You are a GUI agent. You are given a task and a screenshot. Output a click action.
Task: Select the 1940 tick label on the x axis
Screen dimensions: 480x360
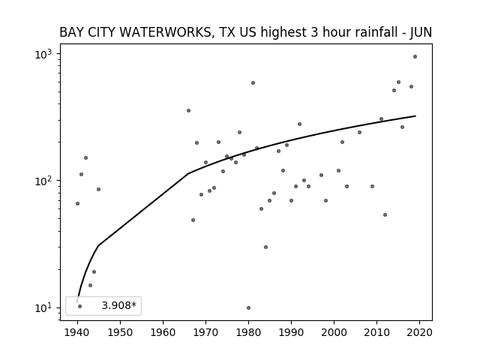(x=77, y=332)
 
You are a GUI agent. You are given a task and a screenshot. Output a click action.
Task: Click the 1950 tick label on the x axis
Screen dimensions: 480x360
(x=120, y=332)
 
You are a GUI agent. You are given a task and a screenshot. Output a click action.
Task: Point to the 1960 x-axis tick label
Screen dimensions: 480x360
(x=163, y=332)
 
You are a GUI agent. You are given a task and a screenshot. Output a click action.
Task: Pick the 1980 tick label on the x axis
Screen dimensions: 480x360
(x=248, y=332)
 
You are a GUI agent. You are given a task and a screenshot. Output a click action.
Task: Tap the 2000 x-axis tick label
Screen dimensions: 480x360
(x=334, y=332)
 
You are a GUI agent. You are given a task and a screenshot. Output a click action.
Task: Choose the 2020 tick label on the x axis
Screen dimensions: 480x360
(x=419, y=332)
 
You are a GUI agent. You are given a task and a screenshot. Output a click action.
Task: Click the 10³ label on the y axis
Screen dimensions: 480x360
(x=43, y=54)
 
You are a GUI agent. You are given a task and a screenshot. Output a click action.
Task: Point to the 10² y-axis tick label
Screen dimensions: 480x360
(x=43, y=181)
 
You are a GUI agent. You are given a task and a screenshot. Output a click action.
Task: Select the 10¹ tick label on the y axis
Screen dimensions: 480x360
(x=43, y=308)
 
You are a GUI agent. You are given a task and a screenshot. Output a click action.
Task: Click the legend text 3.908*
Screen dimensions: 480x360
(x=118, y=305)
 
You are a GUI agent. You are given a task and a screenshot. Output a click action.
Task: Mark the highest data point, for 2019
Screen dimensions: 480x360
(x=415, y=57)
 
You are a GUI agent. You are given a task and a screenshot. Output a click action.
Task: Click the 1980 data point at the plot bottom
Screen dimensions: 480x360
(x=248, y=308)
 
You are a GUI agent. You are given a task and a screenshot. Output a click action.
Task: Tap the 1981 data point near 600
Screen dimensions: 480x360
(x=253, y=83)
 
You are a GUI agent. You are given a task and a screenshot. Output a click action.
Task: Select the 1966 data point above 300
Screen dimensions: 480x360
(x=188, y=111)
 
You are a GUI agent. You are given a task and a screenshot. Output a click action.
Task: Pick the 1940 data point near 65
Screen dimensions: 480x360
(x=77, y=203)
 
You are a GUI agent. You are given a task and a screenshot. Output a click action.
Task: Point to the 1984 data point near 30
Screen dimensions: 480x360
(x=265, y=247)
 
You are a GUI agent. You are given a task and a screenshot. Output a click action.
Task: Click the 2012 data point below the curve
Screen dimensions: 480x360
(x=385, y=215)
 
